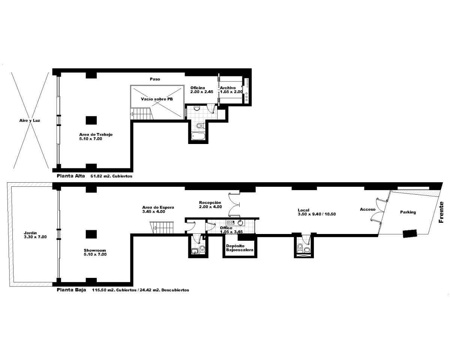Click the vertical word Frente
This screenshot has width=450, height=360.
click(x=441, y=213)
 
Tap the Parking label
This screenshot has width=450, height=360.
click(x=408, y=212)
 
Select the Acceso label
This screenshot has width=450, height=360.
click(x=367, y=209)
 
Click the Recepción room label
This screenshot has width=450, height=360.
click(x=210, y=202)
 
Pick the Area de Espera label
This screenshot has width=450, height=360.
click(x=158, y=207)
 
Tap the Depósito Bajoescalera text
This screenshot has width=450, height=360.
click(x=239, y=248)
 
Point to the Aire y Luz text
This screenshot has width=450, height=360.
click(x=30, y=121)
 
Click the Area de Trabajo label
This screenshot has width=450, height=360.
click(x=96, y=135)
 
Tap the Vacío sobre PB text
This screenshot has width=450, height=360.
click(x=157, y=99)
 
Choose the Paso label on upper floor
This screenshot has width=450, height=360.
click(x=155, y=79)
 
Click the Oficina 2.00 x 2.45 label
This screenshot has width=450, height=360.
click(x=201, y=90)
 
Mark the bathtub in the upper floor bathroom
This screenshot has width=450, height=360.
click(x=198, y=136)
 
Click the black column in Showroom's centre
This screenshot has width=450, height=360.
click(x=91, y=234)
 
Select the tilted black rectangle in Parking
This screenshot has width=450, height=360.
click(x=410, y=233)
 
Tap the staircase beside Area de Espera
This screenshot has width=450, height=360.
click(x=162, y=228)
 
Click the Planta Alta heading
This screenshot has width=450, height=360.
click(x=71, y=175)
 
